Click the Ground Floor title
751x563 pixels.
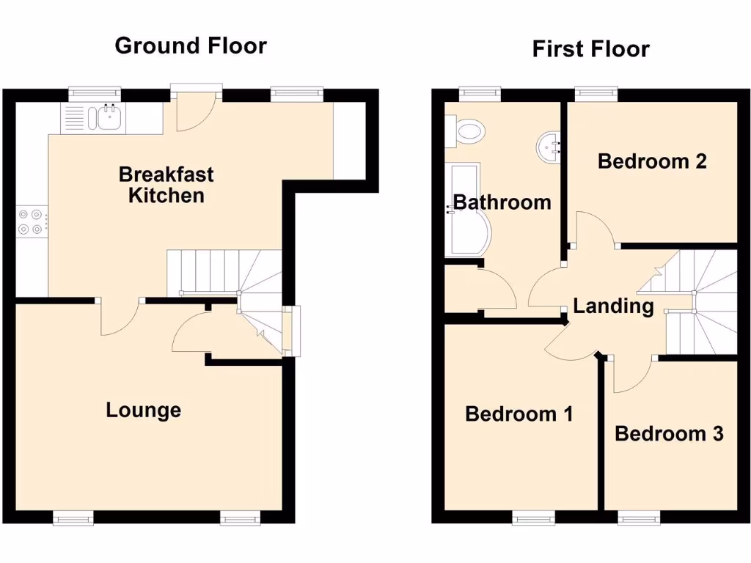point(191,45)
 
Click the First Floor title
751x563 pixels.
point(590,49)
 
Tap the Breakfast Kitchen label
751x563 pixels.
point(166,185)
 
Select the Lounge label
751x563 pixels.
point(143,410)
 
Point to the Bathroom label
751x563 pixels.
point(502,202)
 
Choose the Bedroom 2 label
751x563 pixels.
point(652,161)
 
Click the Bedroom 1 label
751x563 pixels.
point(519,414)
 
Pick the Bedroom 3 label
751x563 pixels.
point(669,433)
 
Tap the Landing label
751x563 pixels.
point(613,306)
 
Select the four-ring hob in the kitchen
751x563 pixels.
point(32,221)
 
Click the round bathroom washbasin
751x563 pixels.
point(549,145)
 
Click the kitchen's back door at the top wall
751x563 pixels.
point(195,110)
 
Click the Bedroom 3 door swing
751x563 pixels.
point(631,374)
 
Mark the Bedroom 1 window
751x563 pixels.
point(533,518)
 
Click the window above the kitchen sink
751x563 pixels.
point(95,93)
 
